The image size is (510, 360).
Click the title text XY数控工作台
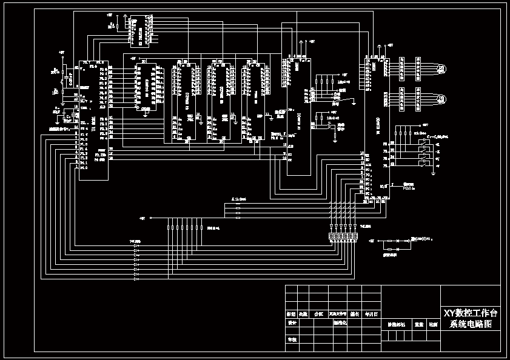[x=471, y=313]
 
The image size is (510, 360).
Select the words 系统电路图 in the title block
[x=471, y=325]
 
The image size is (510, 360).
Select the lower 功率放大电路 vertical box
[x=417, y=98]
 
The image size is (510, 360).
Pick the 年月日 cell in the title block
[x=371, y=314]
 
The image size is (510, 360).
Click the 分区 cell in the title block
[x=318, y=314]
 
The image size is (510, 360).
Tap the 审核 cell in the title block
[x=292, y=340]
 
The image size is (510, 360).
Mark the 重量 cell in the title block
[x=418, y=324]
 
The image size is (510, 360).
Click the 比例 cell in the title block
[x=433, y=324]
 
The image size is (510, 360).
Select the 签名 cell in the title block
[x=355, y=314]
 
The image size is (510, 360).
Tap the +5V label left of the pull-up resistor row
[x=143, y=218]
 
